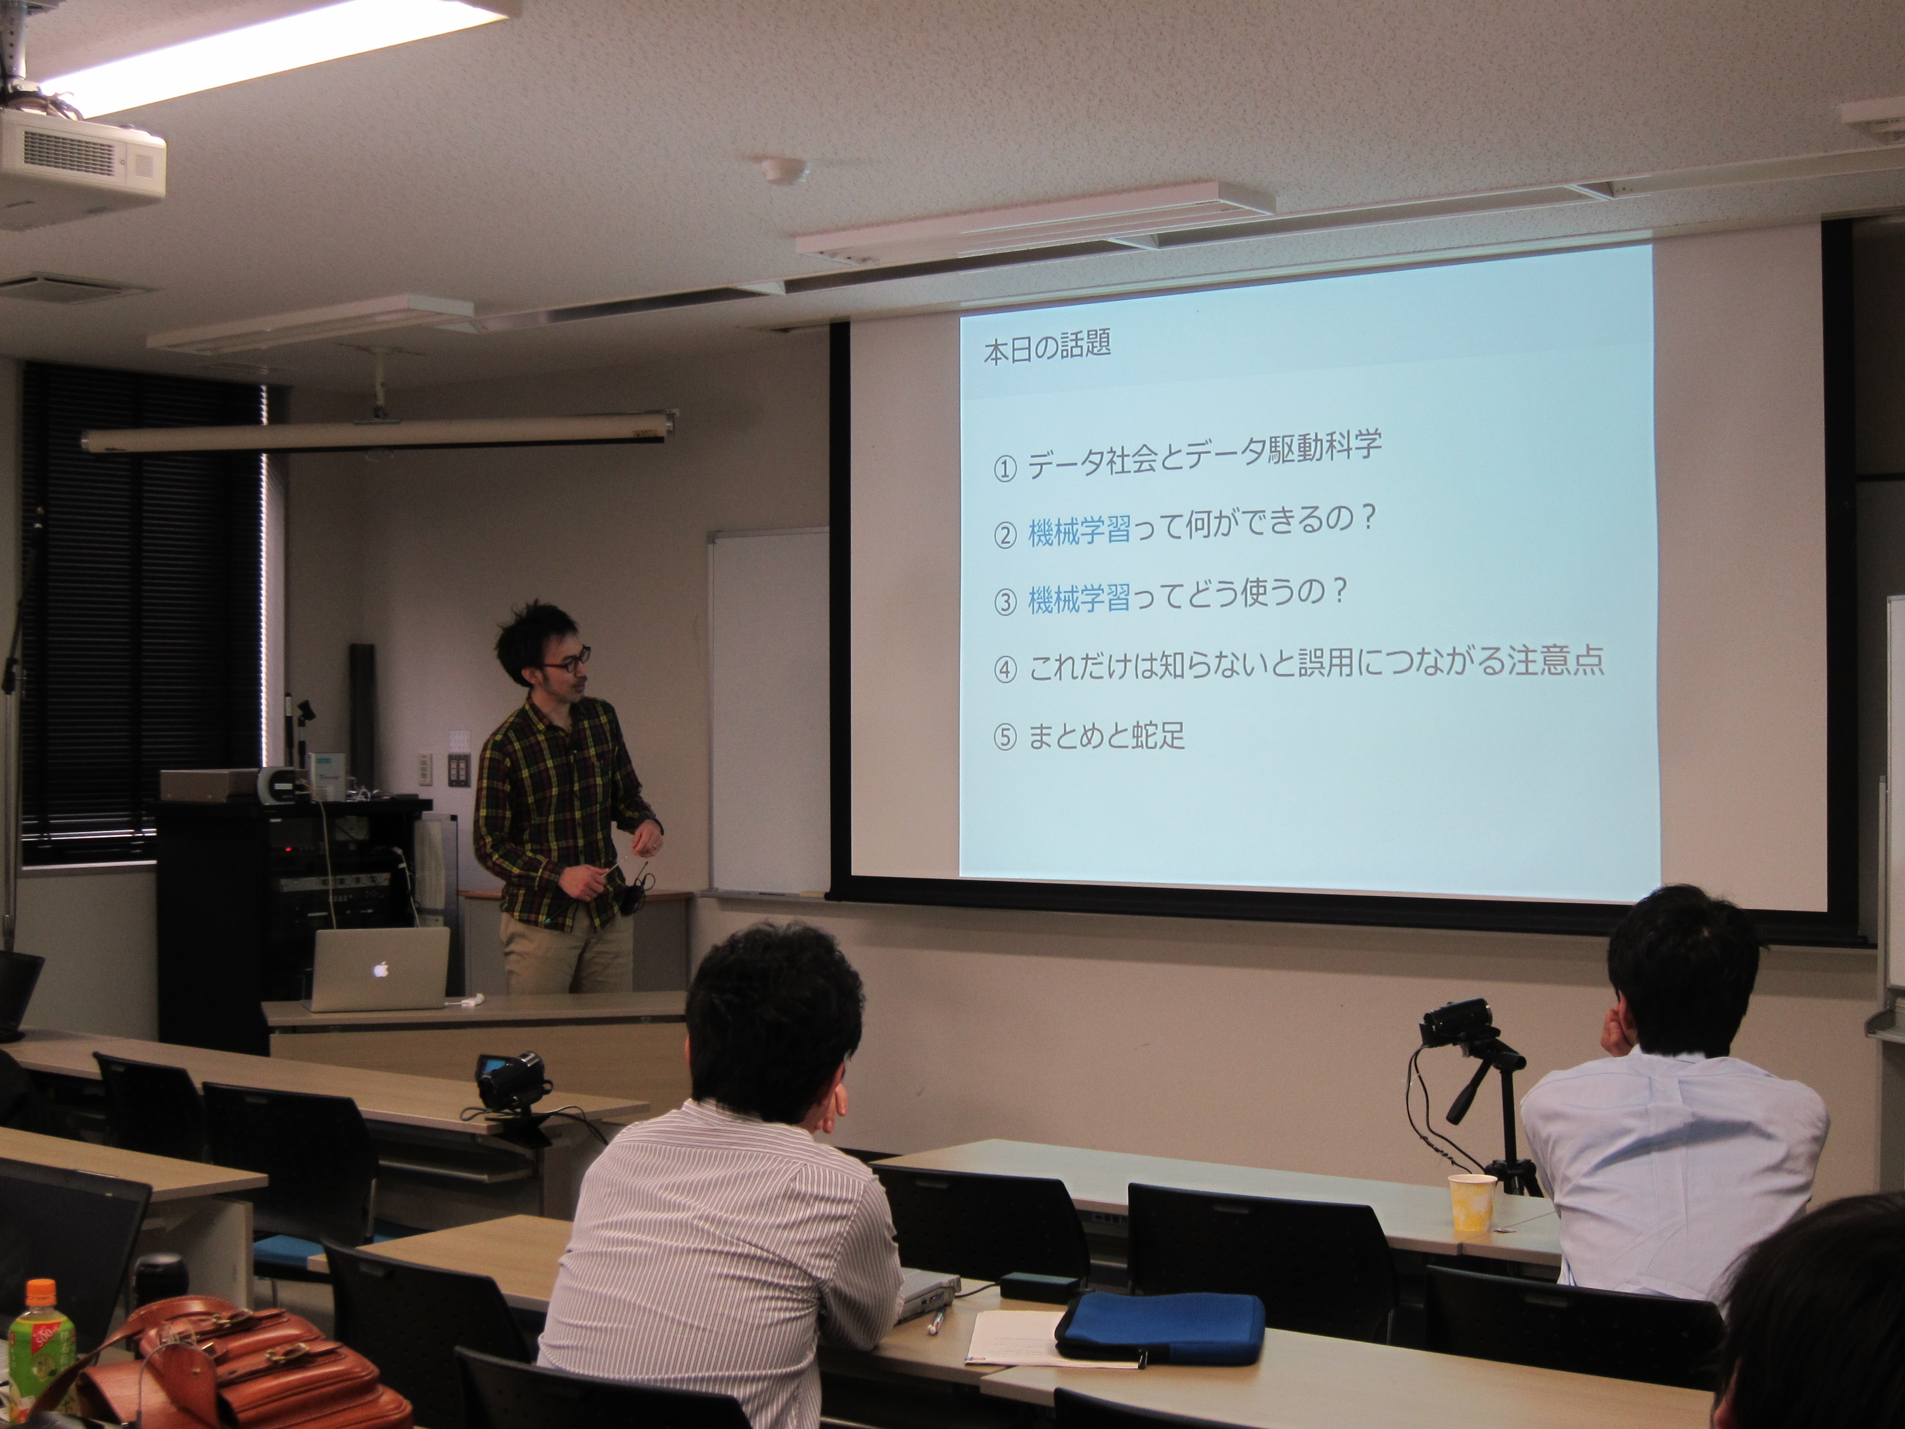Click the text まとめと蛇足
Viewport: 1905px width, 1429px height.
click(x=1107, y=736)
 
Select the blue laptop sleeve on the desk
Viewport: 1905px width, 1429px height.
click(x=1159, y=1329)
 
